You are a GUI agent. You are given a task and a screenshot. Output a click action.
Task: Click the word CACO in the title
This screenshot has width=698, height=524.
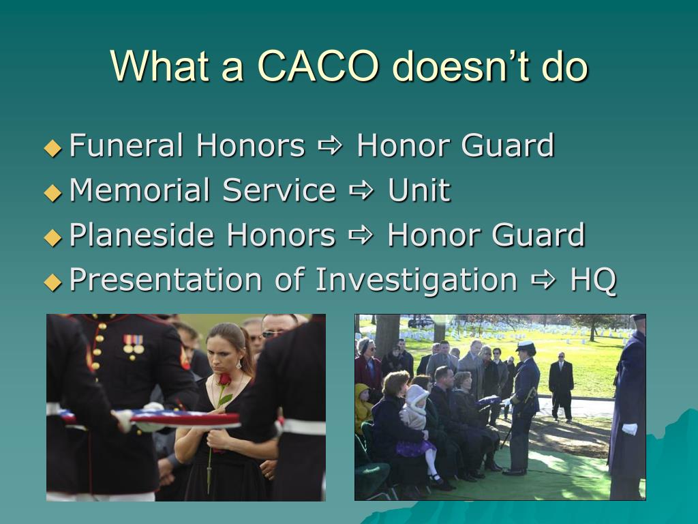point(319,66)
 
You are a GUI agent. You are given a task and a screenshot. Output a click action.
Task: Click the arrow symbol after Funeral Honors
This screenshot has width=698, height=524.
point(331,147)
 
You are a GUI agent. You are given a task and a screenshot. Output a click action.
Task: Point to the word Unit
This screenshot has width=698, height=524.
point(419,190)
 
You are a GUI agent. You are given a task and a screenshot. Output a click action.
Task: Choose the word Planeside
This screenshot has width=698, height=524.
point(142,235)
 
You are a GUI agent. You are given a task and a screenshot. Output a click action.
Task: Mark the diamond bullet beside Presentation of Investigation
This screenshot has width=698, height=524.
point(52,282)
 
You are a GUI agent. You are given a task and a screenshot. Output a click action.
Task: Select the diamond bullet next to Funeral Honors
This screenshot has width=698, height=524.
point(52,148)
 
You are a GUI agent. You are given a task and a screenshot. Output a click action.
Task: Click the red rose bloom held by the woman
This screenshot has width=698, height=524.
point(224,379)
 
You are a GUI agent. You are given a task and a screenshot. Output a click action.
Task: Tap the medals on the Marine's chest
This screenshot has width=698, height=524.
point(134,345)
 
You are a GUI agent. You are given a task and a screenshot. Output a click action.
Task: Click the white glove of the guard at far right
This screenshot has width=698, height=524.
point(629,429)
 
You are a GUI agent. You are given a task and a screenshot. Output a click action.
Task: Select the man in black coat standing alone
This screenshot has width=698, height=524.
point(561,385)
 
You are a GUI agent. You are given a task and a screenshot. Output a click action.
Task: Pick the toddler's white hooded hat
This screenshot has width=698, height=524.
point(416,396)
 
